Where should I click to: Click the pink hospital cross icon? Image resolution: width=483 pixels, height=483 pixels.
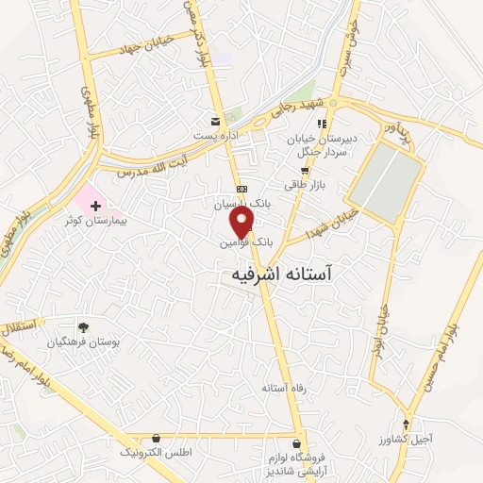(x=95, y=204)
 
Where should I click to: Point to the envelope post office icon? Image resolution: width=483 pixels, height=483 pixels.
(x=217, y=122)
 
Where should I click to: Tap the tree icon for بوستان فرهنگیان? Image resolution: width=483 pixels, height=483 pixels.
(x=83, y=326)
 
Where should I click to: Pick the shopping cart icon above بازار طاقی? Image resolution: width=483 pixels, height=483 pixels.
(x=304, y=171)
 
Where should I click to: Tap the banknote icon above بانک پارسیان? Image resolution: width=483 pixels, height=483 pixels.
(x=241, y=189)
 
